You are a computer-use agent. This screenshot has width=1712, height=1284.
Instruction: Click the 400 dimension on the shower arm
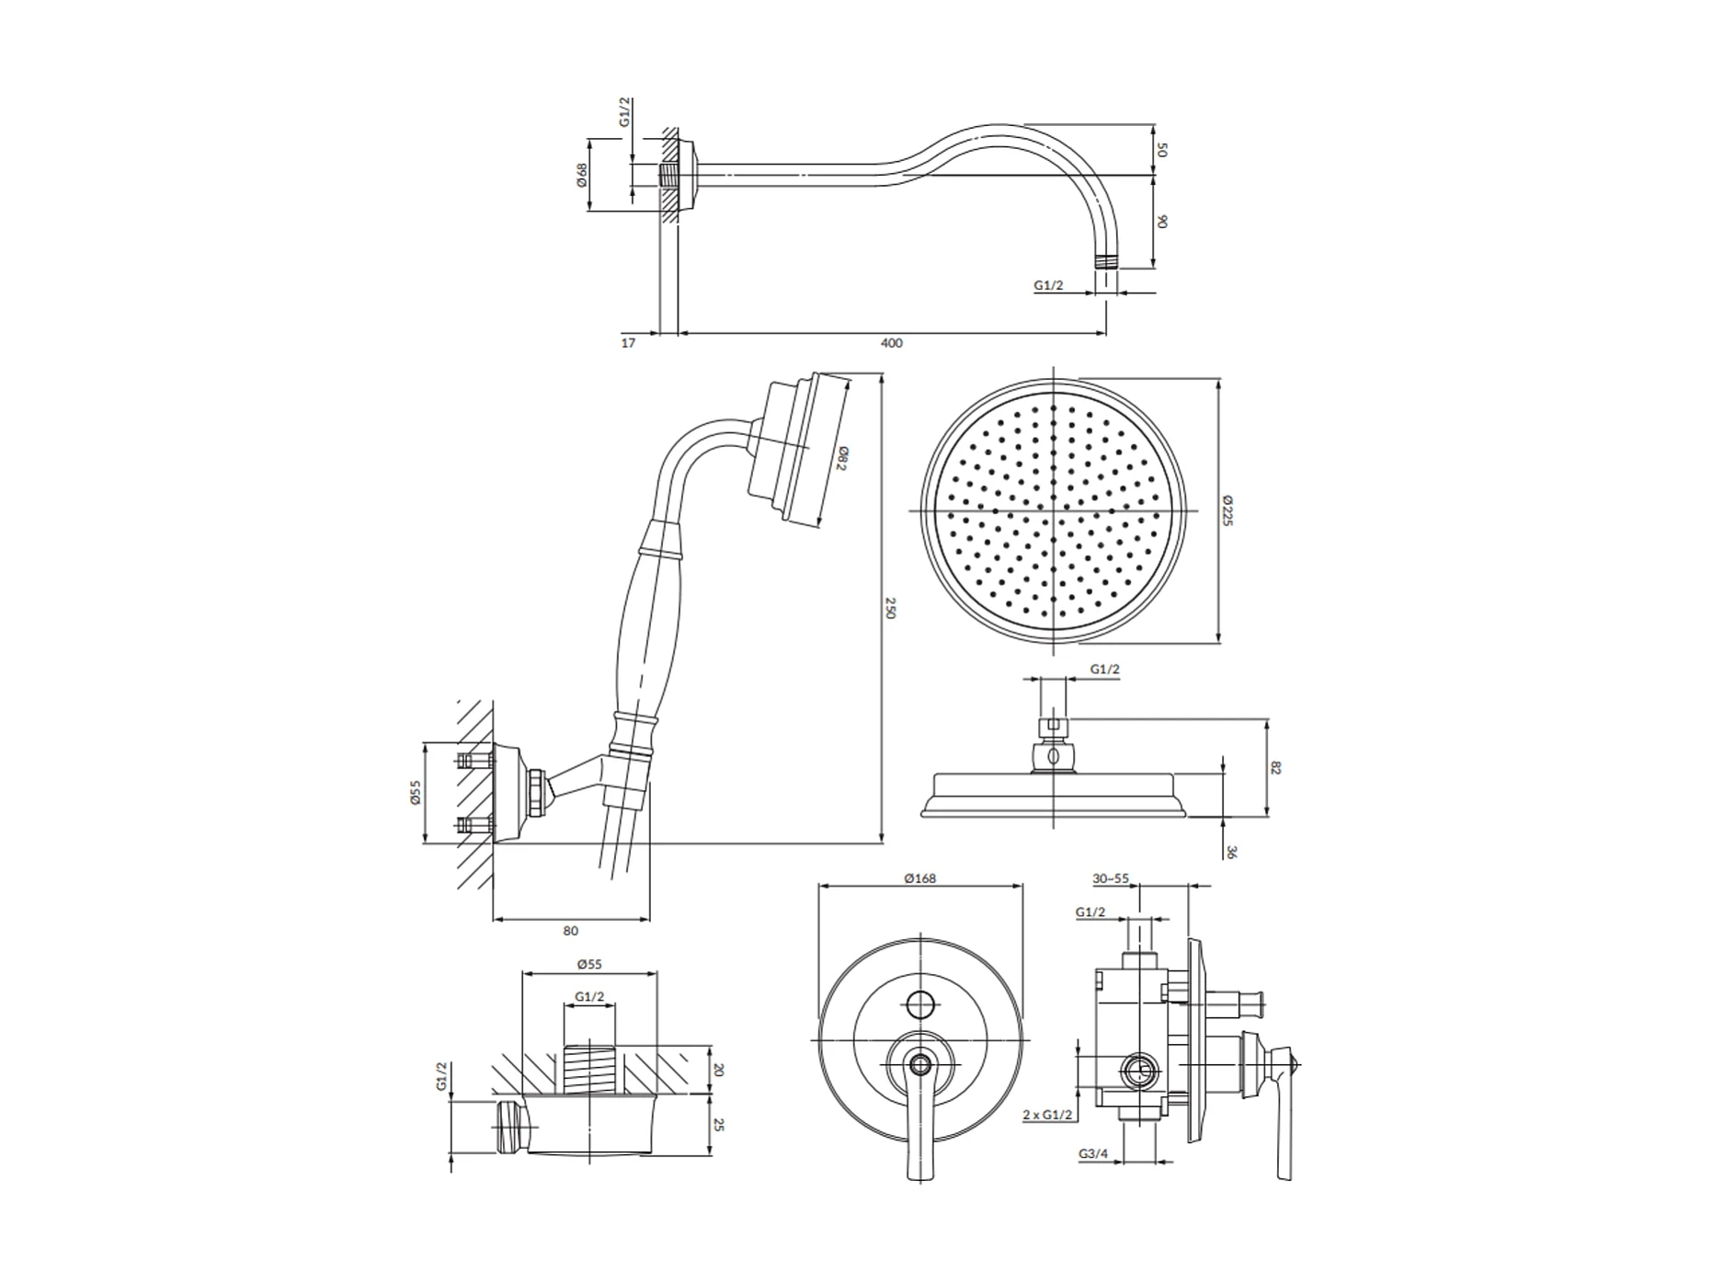tap(891, 343)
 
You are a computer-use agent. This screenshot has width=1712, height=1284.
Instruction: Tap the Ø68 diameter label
tap(581, 176)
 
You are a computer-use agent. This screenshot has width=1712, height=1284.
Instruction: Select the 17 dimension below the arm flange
tap(628, 343)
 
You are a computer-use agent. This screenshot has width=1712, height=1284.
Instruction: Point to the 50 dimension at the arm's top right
tap(1162, 149)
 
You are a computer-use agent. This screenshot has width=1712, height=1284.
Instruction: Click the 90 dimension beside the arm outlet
tap(1162, 222)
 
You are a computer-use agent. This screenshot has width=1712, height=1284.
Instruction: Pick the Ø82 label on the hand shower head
tap(841, 458)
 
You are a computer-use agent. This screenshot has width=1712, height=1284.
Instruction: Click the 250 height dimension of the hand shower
tap(889, 608)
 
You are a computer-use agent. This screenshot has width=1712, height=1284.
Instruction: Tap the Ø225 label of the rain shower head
tap(1227, 510)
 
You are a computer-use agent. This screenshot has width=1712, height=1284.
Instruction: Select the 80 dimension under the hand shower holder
tap(570, 931)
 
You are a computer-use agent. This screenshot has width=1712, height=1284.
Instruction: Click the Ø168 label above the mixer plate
tap(919, 878)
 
